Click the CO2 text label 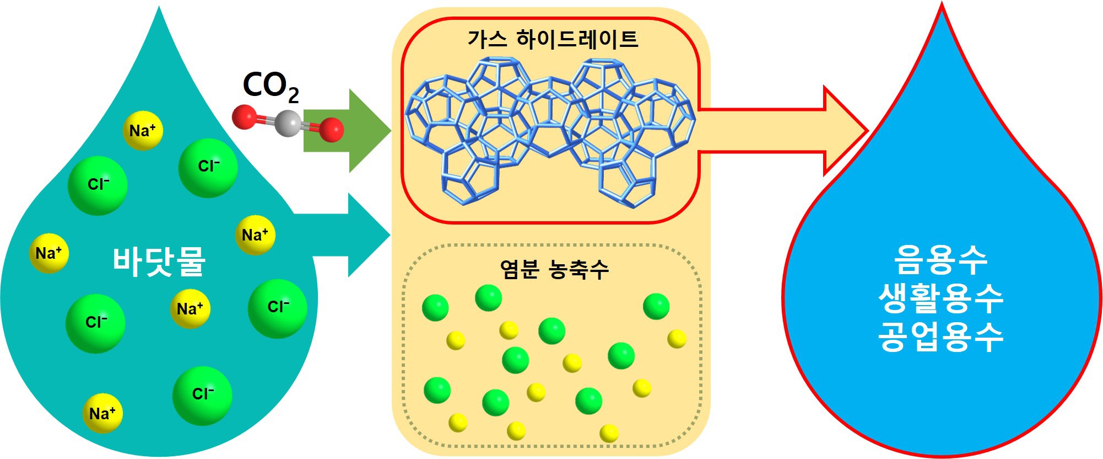pos(270,87)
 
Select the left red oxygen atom pos(244,117)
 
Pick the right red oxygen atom pos(331,130)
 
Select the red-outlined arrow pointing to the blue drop pos(782,131)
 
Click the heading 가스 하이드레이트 pos(553,40)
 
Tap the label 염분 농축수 pos(554,269)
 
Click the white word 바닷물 pos(159,261)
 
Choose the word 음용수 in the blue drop pos(940,259)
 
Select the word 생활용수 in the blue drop pos(940,298)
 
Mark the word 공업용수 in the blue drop pos(940,337)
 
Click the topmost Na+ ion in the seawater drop pos(143,131)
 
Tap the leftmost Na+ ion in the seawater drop pos(48,253)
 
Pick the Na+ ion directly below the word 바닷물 pos(190,309)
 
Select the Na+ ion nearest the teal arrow pos(255,235)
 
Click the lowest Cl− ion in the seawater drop pos(202,395)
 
